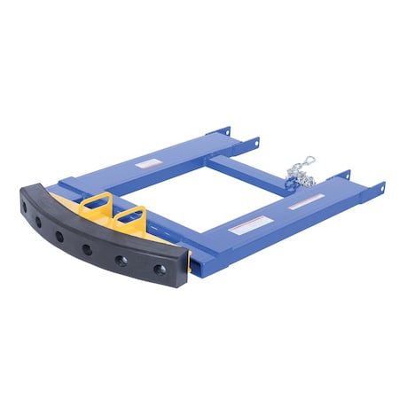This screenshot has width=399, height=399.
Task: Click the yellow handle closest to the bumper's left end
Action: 95,205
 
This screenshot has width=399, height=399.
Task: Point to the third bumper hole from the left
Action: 86,249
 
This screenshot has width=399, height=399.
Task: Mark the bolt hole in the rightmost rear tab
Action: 379,187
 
